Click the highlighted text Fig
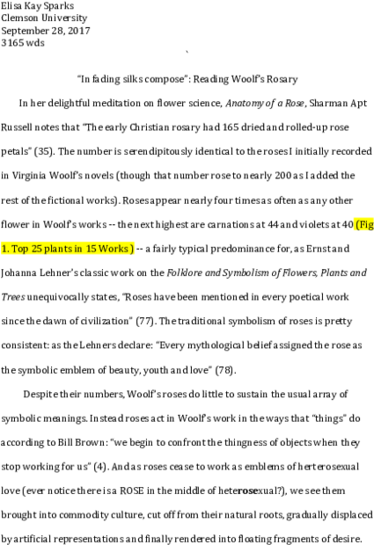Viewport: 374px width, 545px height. (366, 224)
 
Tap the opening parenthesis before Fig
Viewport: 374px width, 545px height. (356, 224)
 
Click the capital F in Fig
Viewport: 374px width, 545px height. (362, 224)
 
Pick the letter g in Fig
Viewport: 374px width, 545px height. (370, 225)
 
